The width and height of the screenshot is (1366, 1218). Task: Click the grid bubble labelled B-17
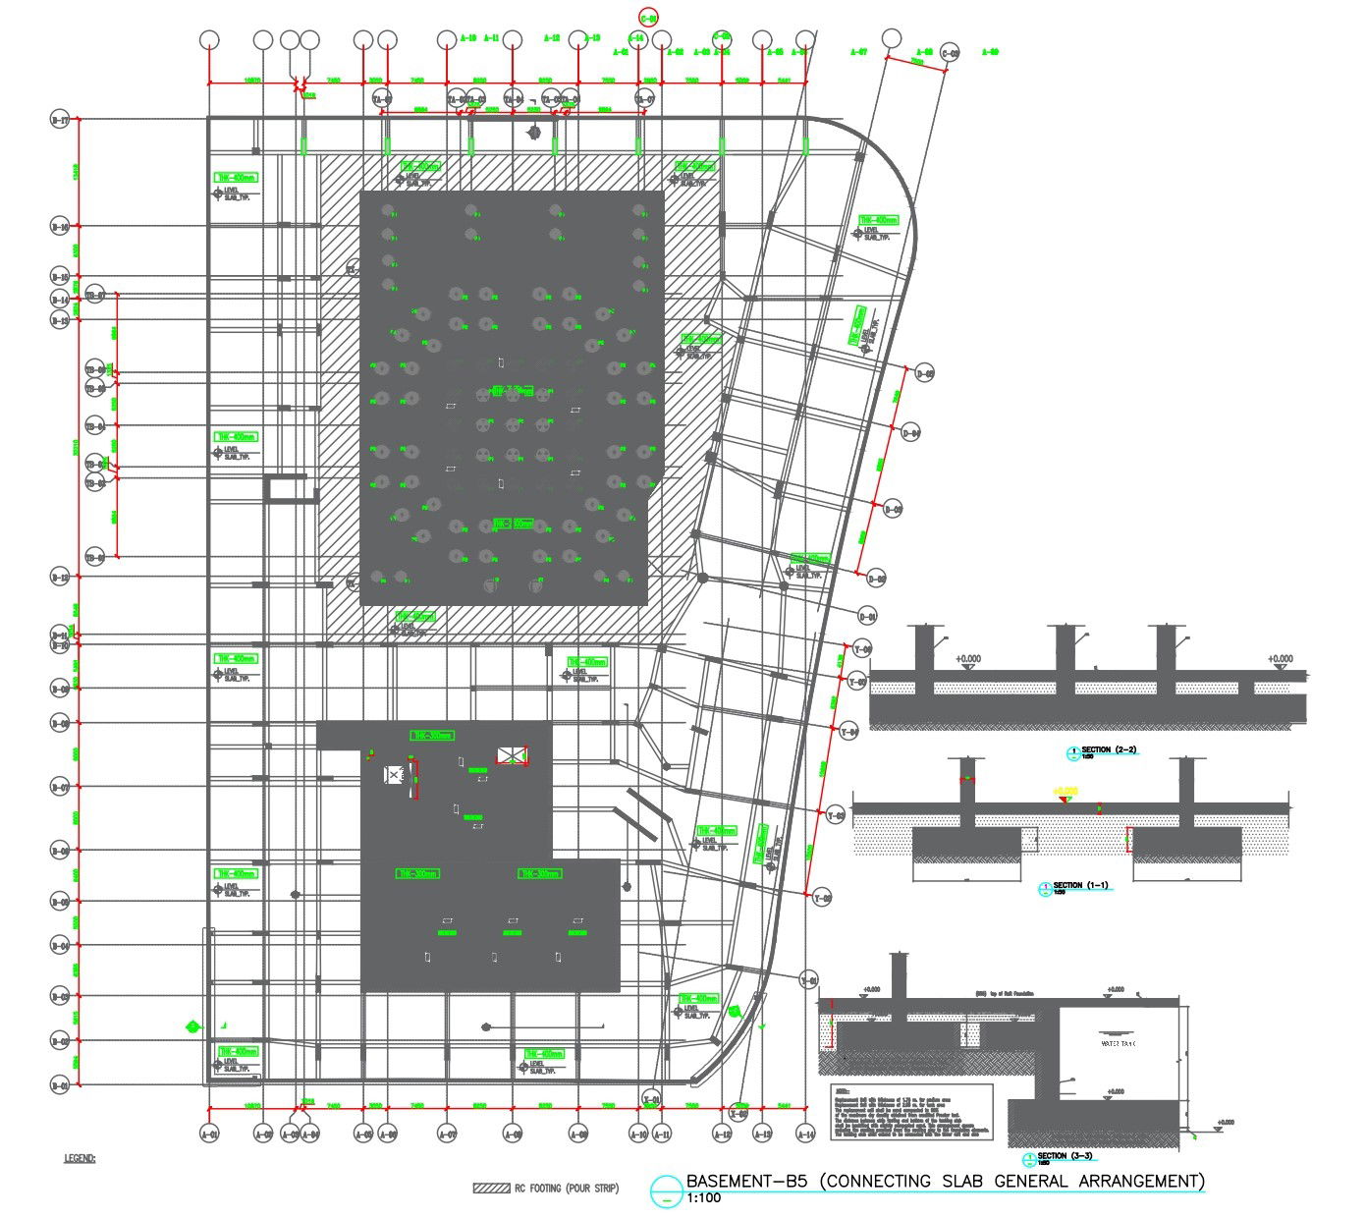60,120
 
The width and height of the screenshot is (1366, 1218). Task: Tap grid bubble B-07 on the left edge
60,787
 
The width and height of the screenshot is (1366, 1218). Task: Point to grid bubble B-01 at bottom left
60,1085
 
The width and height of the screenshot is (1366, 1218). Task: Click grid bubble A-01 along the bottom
209,1135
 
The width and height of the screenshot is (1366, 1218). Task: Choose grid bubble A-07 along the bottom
447,1135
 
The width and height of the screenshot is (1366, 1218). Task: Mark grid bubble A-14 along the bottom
806,1135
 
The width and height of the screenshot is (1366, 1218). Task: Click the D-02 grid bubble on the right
877,580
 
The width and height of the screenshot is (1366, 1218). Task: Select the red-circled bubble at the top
648,17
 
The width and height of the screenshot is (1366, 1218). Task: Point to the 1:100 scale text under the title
703,1198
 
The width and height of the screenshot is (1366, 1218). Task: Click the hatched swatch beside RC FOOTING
490,1188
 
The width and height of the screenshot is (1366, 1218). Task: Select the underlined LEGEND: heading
81,1159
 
